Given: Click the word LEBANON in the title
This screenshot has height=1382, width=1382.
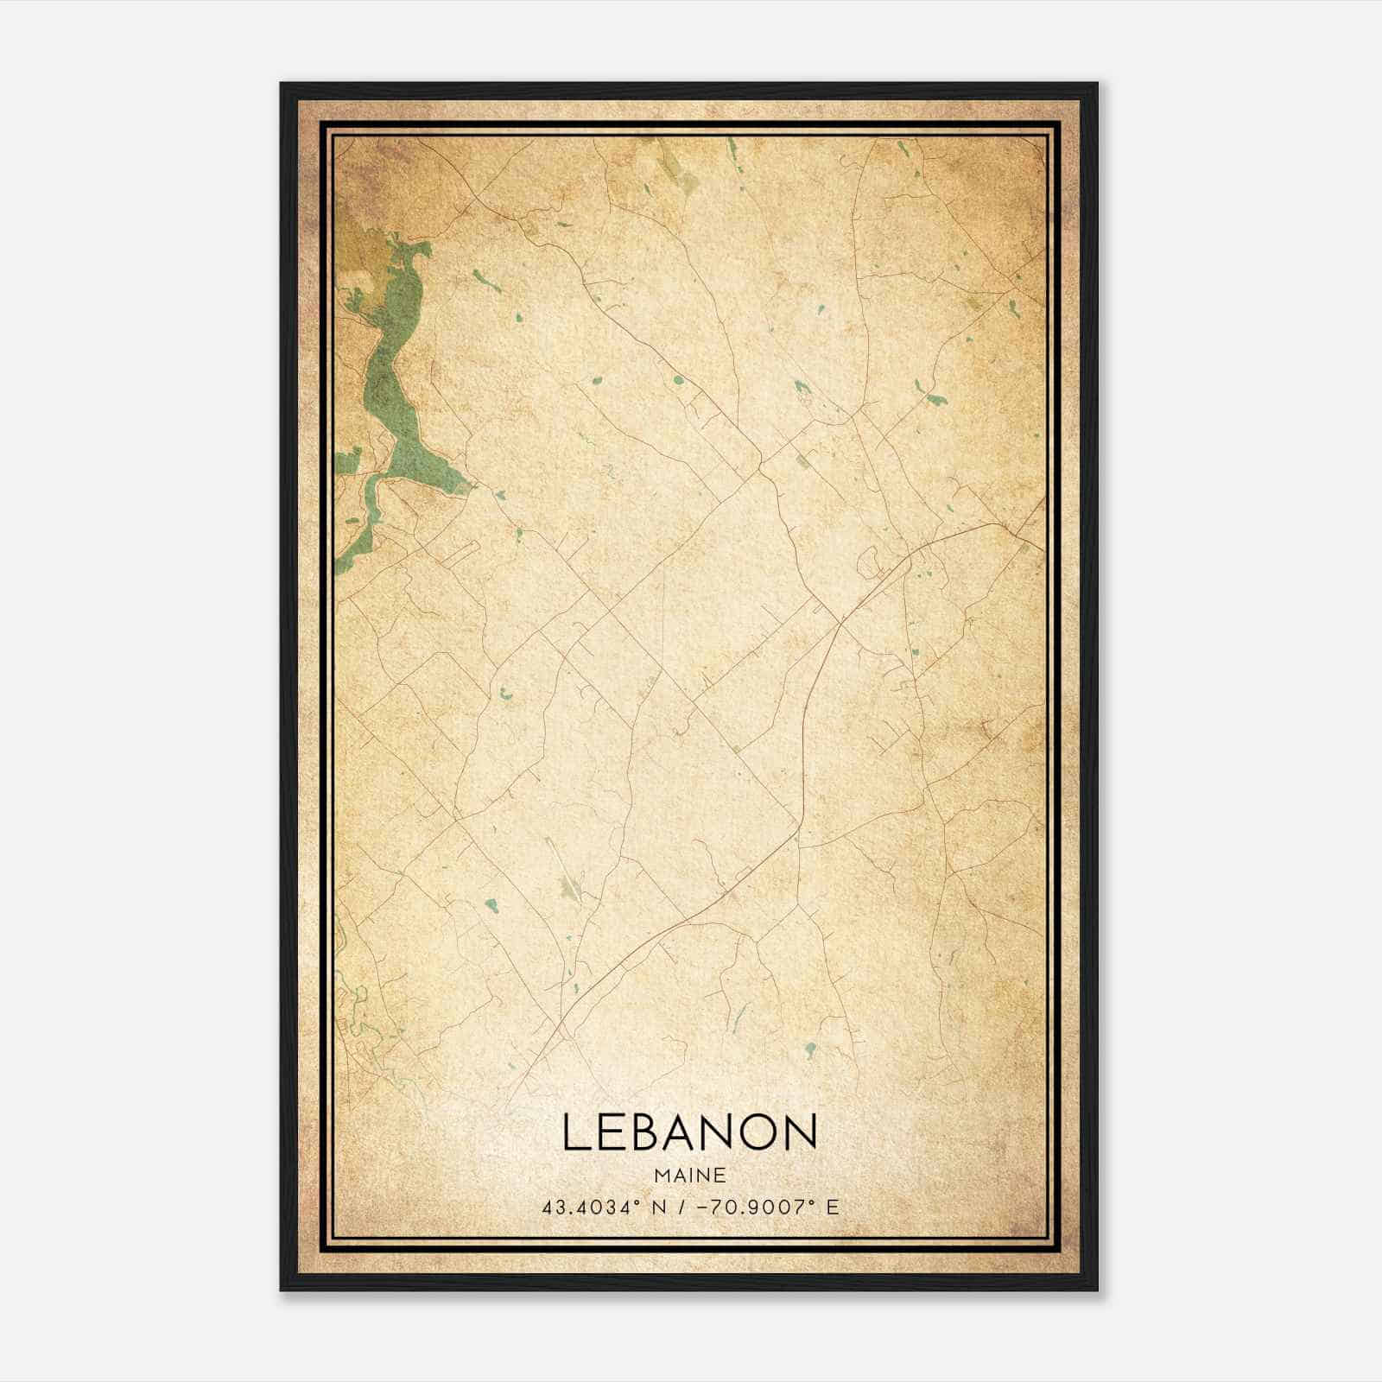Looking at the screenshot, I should [689, 1132].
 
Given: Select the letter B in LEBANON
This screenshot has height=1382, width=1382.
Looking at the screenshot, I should [652, 1132].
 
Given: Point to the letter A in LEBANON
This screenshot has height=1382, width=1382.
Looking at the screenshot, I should [692, 1132].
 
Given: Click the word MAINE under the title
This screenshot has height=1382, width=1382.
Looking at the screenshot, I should [689, 1176].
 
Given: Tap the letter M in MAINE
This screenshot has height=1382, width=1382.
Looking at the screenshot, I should [662, 1176].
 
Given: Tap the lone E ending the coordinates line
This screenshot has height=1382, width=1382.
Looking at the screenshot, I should [833, 1208].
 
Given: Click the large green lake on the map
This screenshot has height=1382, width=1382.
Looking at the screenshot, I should [393, 380].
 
